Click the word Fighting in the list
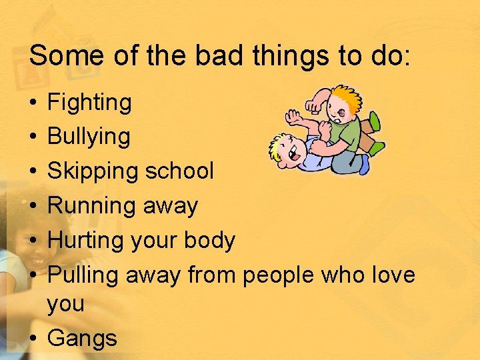click(90, 103)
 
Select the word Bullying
click(89, 137)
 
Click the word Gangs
click(83, 338)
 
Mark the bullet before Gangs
click(33, 338)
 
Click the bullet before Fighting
click(33, 103)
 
